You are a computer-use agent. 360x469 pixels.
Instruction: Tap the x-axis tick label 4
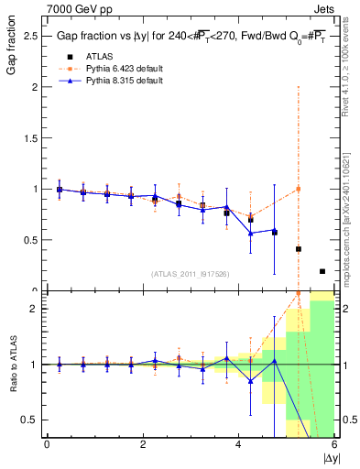point(238,444)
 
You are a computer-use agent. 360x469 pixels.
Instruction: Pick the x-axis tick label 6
point(333,444)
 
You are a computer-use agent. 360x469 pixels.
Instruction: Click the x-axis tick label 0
point(47,444)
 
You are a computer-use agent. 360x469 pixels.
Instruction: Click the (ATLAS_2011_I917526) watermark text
point(191,273)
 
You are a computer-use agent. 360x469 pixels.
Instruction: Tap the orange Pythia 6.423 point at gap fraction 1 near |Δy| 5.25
point(299,189)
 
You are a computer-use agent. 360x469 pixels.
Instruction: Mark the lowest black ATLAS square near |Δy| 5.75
point(322,271)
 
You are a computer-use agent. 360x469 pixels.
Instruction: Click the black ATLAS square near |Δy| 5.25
point(299,249)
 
